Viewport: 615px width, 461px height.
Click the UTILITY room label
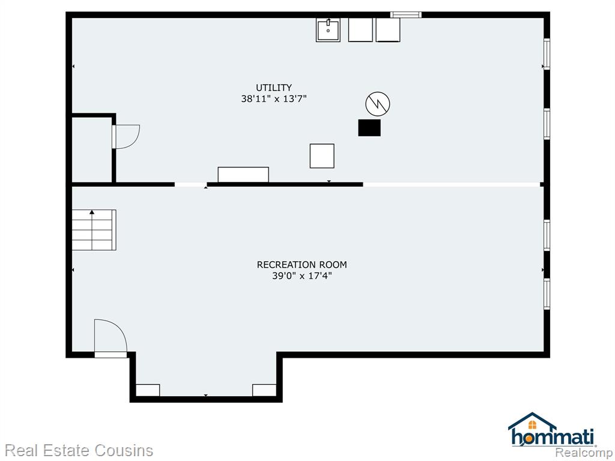(274, 88)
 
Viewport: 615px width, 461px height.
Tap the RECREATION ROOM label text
(301, 265)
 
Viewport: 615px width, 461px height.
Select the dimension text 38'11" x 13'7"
(274, 98)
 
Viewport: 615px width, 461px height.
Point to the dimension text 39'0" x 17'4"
(302, 276)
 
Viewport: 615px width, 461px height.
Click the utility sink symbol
(328, 30)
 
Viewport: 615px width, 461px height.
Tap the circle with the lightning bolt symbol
(378, 104)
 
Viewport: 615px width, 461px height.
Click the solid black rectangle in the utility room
(369, 128)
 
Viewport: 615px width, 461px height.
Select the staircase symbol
(94, 230)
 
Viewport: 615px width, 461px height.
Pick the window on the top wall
(406, 15)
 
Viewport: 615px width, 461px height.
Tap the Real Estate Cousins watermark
(79, 450)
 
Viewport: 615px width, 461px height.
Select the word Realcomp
(584, 453)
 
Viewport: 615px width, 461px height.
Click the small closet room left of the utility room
(92, 149)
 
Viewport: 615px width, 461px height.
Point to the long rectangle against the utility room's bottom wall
(243, 175)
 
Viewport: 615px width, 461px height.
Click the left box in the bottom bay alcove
(148, 390)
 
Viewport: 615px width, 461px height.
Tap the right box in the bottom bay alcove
(264, 390)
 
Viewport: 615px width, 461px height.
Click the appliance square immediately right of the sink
(360, 30)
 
